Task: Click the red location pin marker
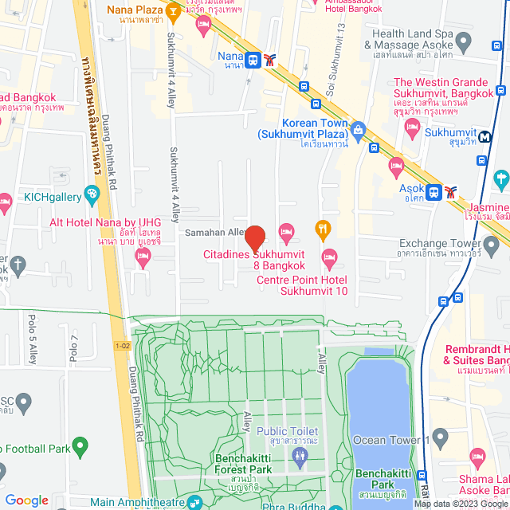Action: (254, 238)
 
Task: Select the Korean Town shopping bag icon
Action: (358, 128)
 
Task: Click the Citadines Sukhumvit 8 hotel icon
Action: (286, 231)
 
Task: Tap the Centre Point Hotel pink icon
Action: (328, 256)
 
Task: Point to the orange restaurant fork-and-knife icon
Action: (323, 229)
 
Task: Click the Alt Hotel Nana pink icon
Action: (143, 256)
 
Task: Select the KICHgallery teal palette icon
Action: (92, 193)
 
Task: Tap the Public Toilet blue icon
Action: (299, 455)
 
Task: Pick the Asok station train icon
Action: (433, 192)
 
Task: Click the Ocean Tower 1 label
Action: (390, 440)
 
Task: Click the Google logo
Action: (26, 500)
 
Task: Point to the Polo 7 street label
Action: (73, 349)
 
